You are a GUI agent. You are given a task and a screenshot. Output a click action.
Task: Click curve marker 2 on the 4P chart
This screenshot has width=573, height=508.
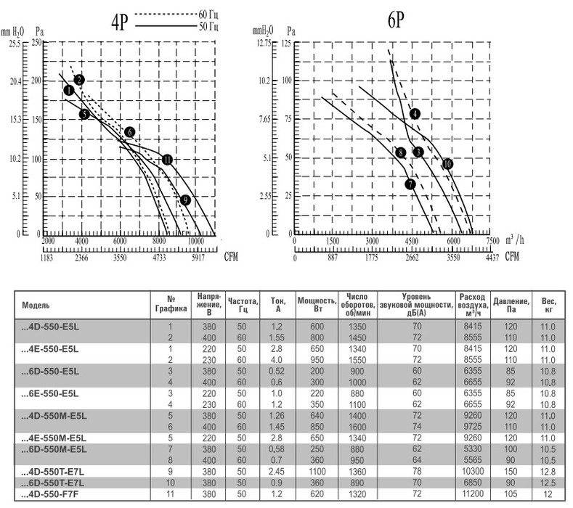click(x=80, y=79)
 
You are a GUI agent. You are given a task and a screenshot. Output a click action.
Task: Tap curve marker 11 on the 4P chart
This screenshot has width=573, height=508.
click(x=167, y=159)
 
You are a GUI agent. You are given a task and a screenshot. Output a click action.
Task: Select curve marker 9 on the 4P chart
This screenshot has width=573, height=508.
click(x=186, y=200)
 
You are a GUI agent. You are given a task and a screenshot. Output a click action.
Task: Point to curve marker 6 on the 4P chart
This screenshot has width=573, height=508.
click(x=129, y=132)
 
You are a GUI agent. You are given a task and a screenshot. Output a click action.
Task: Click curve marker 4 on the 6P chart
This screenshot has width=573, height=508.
click(x=415, y=113)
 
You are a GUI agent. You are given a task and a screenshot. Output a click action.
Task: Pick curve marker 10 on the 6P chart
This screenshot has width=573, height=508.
click(x=447, y=164)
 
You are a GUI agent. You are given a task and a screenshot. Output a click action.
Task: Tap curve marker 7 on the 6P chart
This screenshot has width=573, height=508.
click(x=410, y=184)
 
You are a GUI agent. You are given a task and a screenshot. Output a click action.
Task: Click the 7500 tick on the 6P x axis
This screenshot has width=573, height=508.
click(x=492, y=241)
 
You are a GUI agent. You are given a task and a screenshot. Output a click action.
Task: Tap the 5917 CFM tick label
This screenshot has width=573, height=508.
click(x=196, y=257)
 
